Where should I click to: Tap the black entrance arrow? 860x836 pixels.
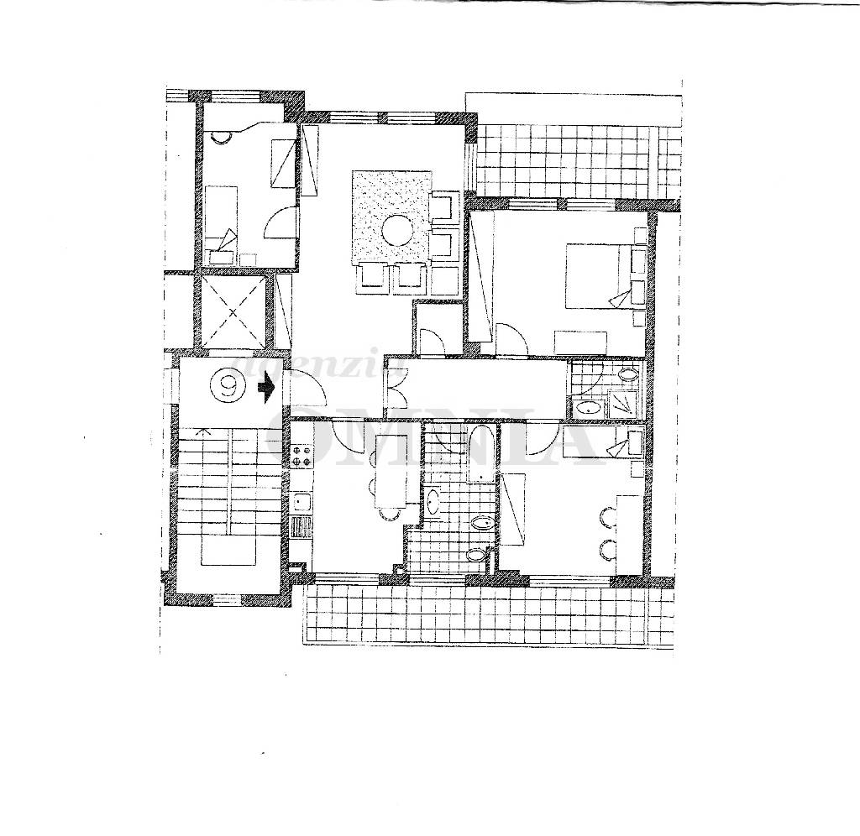click(267, 388)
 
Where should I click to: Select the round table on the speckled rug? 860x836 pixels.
click(397, 229)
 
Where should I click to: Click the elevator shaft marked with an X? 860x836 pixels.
click(231, 310)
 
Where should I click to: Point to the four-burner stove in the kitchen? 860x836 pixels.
click(301, 453)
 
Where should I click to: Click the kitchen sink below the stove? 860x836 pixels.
click(300, 502)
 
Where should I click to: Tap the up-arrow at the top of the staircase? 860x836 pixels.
click(201, 432)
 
